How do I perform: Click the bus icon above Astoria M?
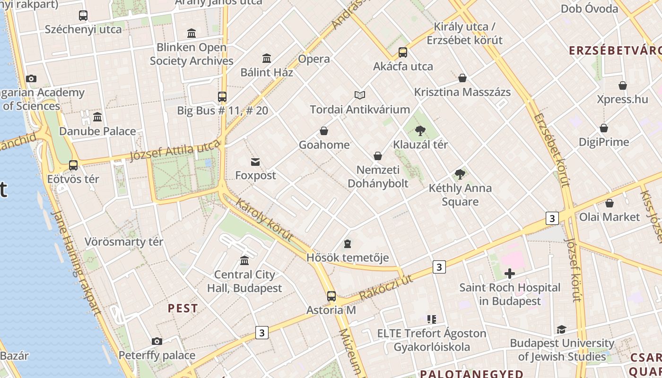click(331, 296)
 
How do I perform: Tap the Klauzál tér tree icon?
click(420, 131)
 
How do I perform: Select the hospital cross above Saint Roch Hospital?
click(510, 274)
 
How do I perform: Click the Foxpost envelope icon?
click(255, 162)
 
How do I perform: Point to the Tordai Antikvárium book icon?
click(360, 95)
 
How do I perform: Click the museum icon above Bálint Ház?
click(267, 59)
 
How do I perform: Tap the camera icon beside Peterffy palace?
click(157, 341)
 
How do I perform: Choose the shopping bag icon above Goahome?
click(324, 131)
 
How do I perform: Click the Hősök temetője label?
click(348, 258)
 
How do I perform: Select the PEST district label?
click(183, 309)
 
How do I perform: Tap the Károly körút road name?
click(264, 221)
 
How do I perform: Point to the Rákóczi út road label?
click(386, 287)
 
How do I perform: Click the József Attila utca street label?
click(175, 150)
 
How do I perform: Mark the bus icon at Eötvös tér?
click(73, 165)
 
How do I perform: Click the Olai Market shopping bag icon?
click(610, 203)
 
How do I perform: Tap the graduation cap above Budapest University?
click(561, 329)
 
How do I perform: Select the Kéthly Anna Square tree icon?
click(460, 174)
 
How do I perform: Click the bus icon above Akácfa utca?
click(403, 52)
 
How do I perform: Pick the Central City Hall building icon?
click(244, 260)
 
